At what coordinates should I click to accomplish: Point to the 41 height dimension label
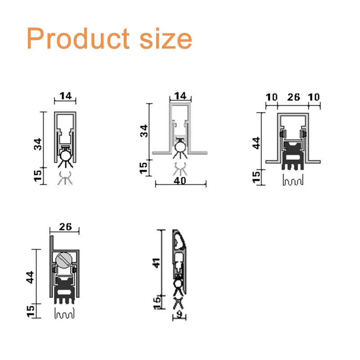(156, 263)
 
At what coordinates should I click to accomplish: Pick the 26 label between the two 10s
(292, 97)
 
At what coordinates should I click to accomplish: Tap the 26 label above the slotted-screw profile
(65, 227)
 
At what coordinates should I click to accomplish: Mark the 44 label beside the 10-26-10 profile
(256, 143)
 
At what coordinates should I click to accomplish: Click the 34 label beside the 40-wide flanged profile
(143, 131)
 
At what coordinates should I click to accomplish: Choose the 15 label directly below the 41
(156, 302)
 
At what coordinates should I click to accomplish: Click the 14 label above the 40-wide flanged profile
(180, 96)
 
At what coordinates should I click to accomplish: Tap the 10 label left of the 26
(271, 97)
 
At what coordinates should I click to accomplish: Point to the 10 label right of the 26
(314, 97)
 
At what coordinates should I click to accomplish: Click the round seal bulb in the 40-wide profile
(181, 145)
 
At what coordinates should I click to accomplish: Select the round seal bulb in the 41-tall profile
(179, 284)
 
